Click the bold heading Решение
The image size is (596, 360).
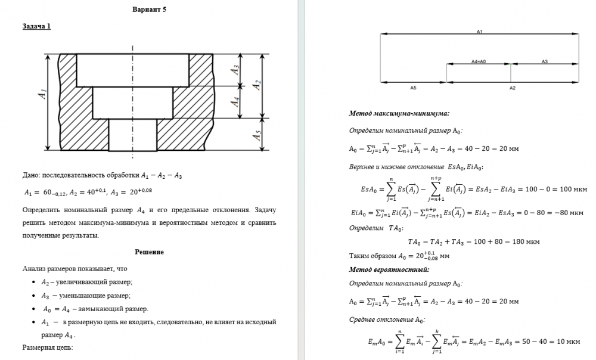click(x=150, y=252)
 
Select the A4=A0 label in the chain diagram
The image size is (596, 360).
click(x=479, y=61)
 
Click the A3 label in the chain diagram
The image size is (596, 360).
click(x=544, y=61)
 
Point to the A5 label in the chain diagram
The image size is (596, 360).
click(x=413, y=87)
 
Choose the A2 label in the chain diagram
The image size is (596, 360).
click(x=512, y=88)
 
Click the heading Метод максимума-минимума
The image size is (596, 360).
click(x=399, y=113)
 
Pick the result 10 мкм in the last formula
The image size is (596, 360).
click(x=568, y=342)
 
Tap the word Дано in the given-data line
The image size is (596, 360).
click(x=30, y=175)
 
